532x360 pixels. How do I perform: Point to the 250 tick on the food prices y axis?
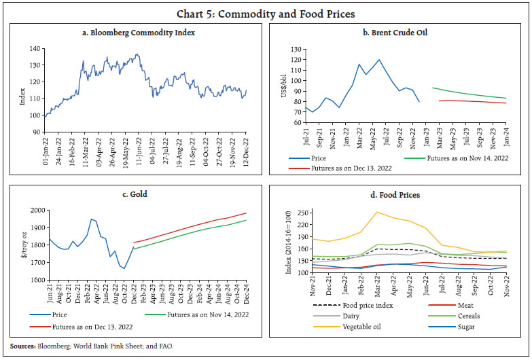(x=301, y=213)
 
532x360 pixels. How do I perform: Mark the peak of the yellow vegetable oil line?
(x=377, y=212)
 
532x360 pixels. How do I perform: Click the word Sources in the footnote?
(x=22, y=346)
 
